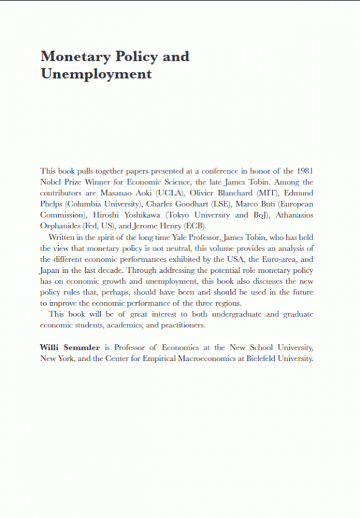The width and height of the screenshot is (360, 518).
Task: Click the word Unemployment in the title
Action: (95, 74)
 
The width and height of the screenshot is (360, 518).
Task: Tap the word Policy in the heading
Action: (127, 57)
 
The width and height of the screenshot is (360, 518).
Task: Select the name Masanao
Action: (120, 193)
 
